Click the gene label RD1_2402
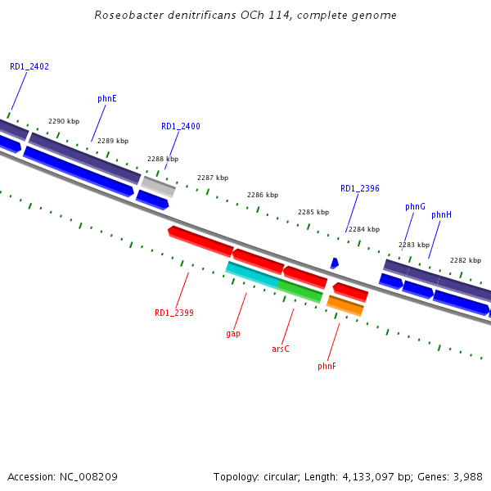pyautogui.click(x=29, y=66)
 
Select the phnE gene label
pyautogui.click(x=107, y=98)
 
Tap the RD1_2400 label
pyautogui.click(x=180, y=127)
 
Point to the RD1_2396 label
pyautogui.click(x=360, y=188)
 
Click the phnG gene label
pyautogui.click(x=415, y=207)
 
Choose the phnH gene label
pyautogui.click(x=441, y=214)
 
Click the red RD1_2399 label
pyautogui.click(x=174, y=313)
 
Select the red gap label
pyautogui.click(x=233, y=334)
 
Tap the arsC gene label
pyautogui.click(x=281, y=349)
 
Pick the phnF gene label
pyautogui.click(x=327, y=366)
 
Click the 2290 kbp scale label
pyautogui.click(x=64, y=121)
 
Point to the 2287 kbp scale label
pyautogui.click(x=213, y=178)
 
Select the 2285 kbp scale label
pyautogui.click(x=313, y=212)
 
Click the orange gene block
pyautogui.click(x=345, y=305)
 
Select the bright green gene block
pyautogui.click(x=300, y=290)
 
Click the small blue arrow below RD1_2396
pyautogui.click(x=334, y=264)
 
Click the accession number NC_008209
pyautogui.click(x=89, y=476)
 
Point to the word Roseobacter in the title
pyautogui.click(x=127, y=15)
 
